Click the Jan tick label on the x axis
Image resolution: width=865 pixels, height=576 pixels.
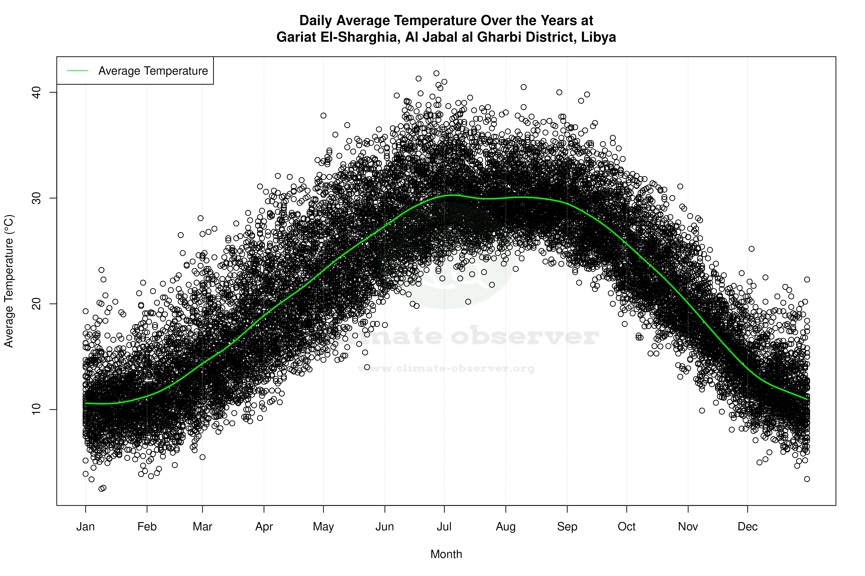click(85, 527)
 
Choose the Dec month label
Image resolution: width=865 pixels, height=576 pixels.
click(747, 527)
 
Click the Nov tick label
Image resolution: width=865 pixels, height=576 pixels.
click(688, 527)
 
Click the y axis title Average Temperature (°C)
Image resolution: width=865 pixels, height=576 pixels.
click(9, 281)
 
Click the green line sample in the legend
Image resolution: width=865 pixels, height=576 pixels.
click(78, 71)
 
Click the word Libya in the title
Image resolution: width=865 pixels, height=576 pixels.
click(598, 37)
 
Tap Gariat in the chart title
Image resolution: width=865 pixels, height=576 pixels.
click(296, 37)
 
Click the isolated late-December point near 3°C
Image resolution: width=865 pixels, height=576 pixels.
click(807, 479)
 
